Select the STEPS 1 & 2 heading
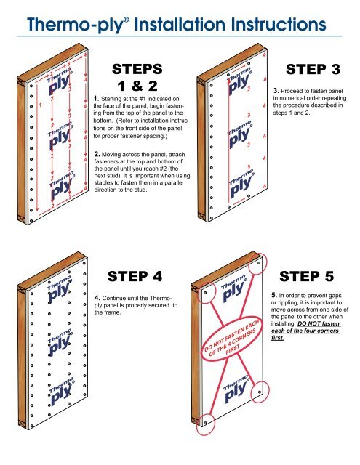click(x=137, y=78)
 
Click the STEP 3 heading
click(x=313, y=70)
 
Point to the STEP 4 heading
click(x=135, y=276)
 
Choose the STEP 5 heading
click(x=307, y=276)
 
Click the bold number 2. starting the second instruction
click(x=97, y=154)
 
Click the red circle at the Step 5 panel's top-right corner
click(x=257, y=264)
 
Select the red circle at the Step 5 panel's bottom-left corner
click(x=205, y=423)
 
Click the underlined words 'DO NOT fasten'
click(x=319, y=323)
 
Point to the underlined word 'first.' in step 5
click(x=278, y=338)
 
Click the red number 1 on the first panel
click(x=40, y=105)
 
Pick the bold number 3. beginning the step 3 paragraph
click(x=276, y=91)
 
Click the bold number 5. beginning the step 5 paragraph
click(x=274, y=295)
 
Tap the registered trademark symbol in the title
click(x=127, y=20)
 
